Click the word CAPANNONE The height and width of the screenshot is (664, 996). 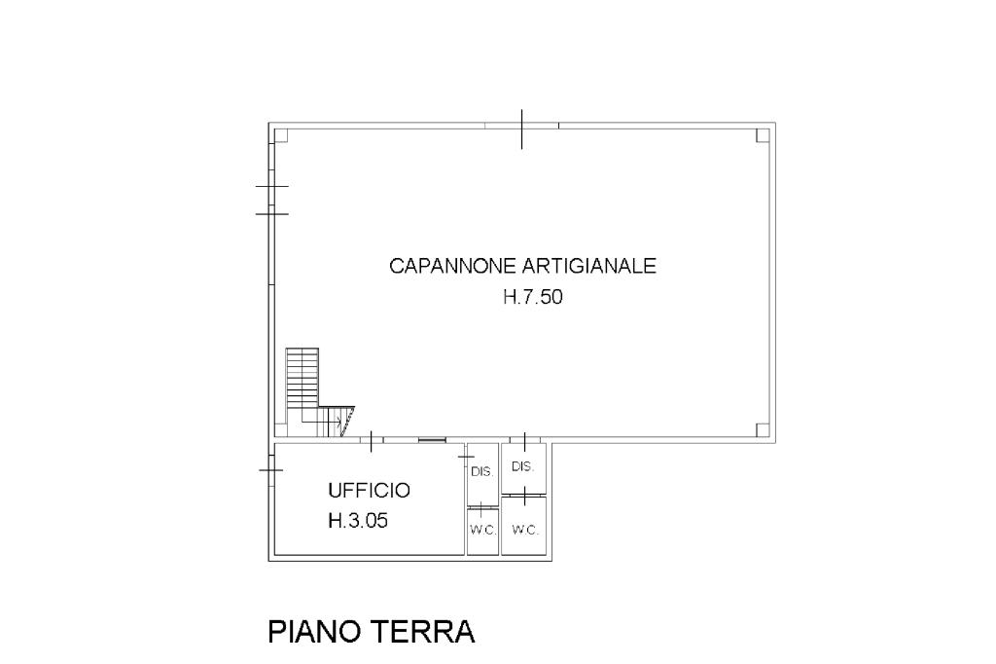pyautogui.click(x=453, y=265)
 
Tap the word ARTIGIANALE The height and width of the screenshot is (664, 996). pyautogui.click(x=589, y=265)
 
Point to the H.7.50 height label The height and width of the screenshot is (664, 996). pyautogui.click(x=533, y=297)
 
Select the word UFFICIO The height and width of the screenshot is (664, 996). pyautogui.click(x=369, y=491)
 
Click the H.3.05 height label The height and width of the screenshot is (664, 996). pyautogui.click(x=358, y=521)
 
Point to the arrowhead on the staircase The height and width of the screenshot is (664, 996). pyautogui.click(x=338, y=421)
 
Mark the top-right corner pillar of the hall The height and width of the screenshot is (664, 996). pyautogui.click(x=763, y=135)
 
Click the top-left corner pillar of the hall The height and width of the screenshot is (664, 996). pyautogui.click(x=281, y=135)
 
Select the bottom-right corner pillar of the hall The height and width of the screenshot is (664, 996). pyautogui.click(x=763, y=429)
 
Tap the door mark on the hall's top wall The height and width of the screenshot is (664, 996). pyautogui.click(x=522, y=129)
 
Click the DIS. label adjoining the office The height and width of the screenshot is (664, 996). pyautogui.click(x=482, y=472)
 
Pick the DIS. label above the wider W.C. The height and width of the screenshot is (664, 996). pyautogui.click(x=522, y=466)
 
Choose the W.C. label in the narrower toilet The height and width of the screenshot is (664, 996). pyautogui.click(x=482, y=530)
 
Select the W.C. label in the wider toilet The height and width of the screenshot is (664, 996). pyautogui.click(x=524, y=530)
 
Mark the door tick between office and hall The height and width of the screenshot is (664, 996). pyautogui.click(x=371, y=441)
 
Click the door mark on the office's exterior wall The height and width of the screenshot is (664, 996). pyautogui.click(x=271, y=470)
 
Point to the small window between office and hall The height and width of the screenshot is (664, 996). pyautogui.click(x=432, y=439)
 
